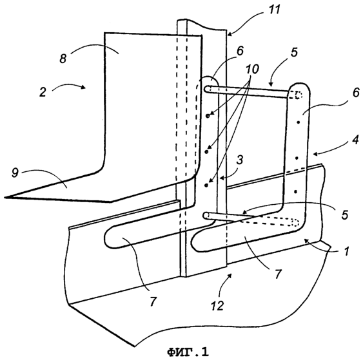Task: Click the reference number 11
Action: [273, 10]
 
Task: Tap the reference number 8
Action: [63, 59]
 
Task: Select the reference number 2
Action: [43, 92]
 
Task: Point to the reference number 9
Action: [15, 173]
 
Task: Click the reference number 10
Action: [252, 69]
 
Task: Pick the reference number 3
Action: [240, 160]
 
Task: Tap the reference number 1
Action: [347, 251]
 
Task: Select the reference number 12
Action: [217, 306]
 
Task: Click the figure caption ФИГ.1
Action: [188, 352]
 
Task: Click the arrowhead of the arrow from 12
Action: [230, 275]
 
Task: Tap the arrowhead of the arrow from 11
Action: [229, 34]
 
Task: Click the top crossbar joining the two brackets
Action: [248, 91]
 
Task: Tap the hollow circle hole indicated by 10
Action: [208, 116]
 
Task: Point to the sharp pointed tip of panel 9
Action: [5, 198]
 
